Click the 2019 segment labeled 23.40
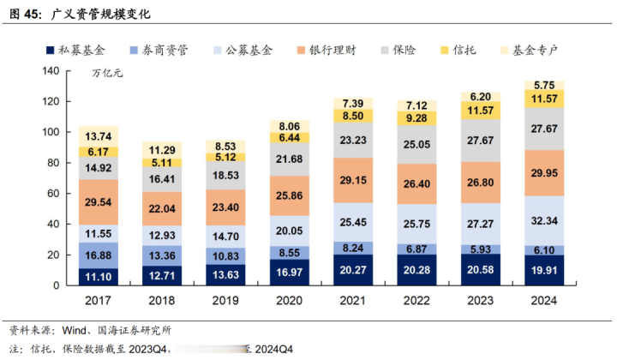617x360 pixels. [219, 207]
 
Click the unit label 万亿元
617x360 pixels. [107, 74]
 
